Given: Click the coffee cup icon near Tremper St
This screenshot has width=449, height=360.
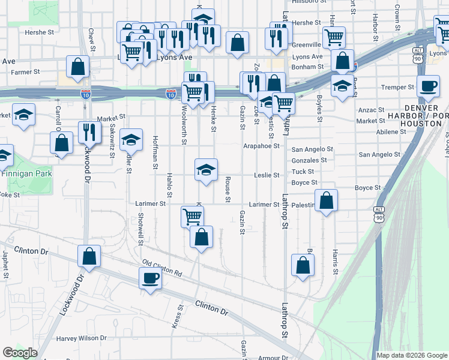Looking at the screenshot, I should pyautogui.click(x=428, y=86).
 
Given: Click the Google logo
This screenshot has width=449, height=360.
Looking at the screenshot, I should pyautogui.click(x=20, y=353).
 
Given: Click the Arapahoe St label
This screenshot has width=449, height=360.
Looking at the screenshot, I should pyautogui.click(x=261, y=146).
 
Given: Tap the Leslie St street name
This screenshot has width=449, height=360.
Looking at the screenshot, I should pyautogui.click(x=267, y=175).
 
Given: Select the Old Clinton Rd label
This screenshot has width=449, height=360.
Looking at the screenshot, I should pyautogui.click(x=162, y=268).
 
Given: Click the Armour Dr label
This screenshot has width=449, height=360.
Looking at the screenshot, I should pyautogui.click(x=273, y=358).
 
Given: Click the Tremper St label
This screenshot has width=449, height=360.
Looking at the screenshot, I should pyautogui.click(x=399, y=87).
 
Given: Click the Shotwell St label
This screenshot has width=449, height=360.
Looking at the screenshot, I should pyautogui.click(x=140, y=229).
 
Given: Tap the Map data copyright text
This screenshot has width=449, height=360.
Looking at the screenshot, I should pyautogui.click(x=412, y=355).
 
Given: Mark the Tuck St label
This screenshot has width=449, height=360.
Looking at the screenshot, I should pyautogui.click(x=303, y=172).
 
